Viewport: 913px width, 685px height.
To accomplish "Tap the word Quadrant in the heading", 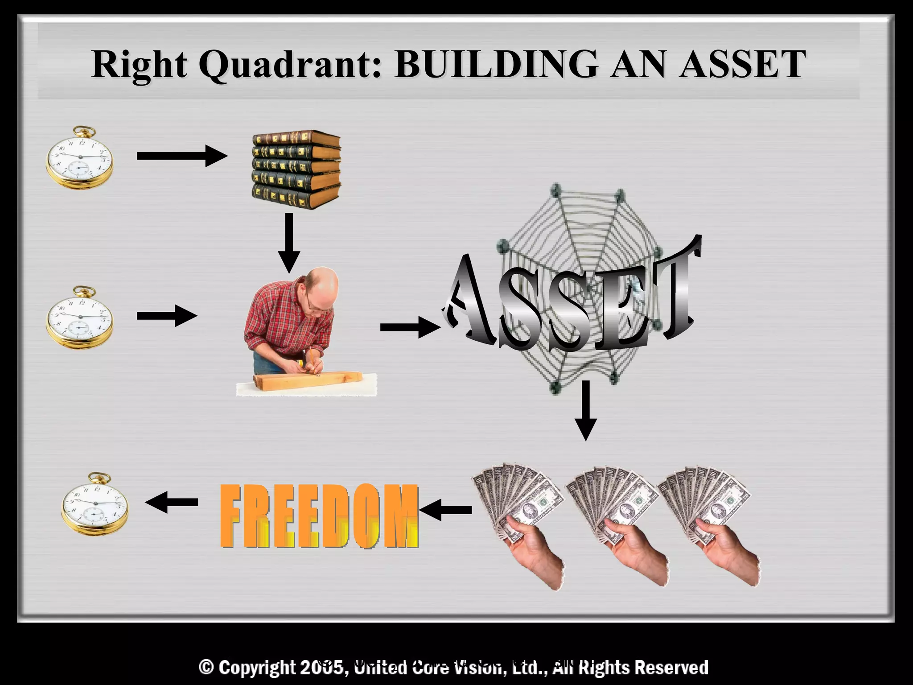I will coord(290,65).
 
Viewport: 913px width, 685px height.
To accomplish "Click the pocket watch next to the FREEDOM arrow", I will coord(95,504).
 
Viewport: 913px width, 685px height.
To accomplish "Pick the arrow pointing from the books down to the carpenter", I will coord(289,243).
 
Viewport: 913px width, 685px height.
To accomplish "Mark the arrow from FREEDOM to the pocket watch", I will coord(172,503).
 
